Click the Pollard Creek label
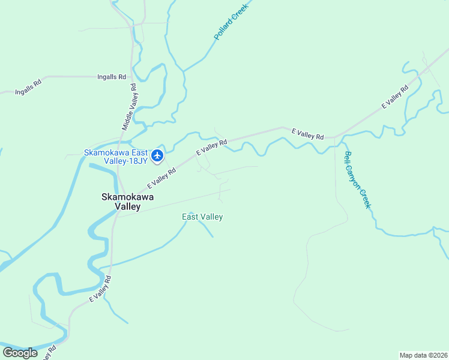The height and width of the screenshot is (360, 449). [231, 20]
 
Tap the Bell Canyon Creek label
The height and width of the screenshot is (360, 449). [358, 180]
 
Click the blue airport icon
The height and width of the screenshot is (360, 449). [157, 156]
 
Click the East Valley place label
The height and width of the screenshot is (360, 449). [202, 217]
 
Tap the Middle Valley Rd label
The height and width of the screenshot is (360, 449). [130, 107]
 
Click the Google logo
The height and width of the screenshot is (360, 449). [20, 353]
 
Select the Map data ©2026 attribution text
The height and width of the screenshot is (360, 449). [423, 355]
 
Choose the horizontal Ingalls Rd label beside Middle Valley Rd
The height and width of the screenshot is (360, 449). [112, 77]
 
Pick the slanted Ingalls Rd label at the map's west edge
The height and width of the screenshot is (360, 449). [28, 84]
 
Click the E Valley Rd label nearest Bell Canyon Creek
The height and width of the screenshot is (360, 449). [307, 134]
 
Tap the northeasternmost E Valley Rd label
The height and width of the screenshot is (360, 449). [395, 97]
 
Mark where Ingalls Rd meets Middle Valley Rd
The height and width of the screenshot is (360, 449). [133, 77]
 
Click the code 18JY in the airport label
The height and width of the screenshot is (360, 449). [137, 161]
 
